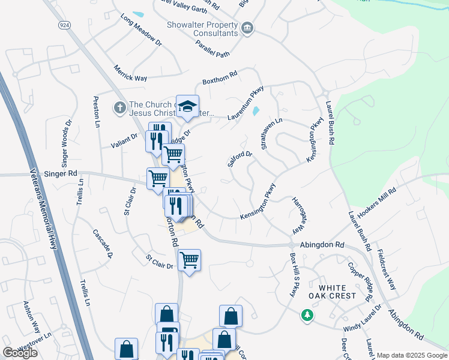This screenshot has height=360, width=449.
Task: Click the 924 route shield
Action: [63, 25]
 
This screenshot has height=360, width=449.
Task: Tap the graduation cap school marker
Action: [187, 106]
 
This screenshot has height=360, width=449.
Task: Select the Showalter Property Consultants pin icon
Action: [247, 28]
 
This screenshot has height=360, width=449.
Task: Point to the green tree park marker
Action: [307, 314]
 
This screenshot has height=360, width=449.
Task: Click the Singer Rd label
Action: [61, 173]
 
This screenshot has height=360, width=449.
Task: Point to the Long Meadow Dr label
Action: [142, 31]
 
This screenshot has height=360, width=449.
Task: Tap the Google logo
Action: [20, 353]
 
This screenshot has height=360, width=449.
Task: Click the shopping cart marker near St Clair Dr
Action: [189, 260]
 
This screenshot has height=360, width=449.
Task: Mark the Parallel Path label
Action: [212, 54]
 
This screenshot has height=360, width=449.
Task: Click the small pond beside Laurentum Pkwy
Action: [256, 110]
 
